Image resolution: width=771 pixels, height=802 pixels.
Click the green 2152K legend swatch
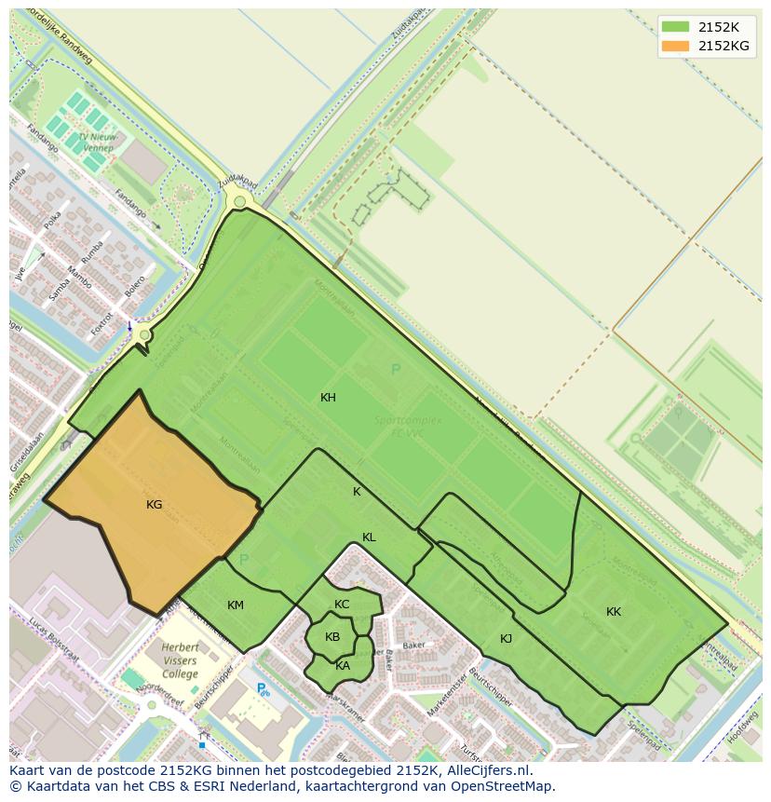click(x=676, y=27)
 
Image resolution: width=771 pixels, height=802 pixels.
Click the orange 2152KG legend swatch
click(x=676, y=46)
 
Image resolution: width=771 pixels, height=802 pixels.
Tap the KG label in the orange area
click(x=155, y=505)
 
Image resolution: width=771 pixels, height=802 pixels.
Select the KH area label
click(x=328, y=398)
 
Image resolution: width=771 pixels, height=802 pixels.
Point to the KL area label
click(x=369, y=537)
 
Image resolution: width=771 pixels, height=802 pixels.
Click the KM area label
click(x=236, y=605)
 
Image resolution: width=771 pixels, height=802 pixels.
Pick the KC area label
click(x=342, y=605)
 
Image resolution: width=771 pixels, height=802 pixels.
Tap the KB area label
click(x=332, y=637)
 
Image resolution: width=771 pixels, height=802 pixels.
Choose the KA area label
click(x=343, y=665)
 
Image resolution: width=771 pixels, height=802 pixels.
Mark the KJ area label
click(x=506, y=639)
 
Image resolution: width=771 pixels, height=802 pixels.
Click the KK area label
click(x=614, y=612)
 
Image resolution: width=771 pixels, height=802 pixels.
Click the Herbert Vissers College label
click(x=180, y=660)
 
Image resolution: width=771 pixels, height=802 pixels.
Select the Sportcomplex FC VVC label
click(x=408, y=426)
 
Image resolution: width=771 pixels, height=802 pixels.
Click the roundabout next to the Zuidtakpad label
click(x=240, y=201)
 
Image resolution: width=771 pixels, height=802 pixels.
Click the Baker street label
click(x=413, y=645)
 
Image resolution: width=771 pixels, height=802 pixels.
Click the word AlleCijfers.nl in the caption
click(x=484, y=770)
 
